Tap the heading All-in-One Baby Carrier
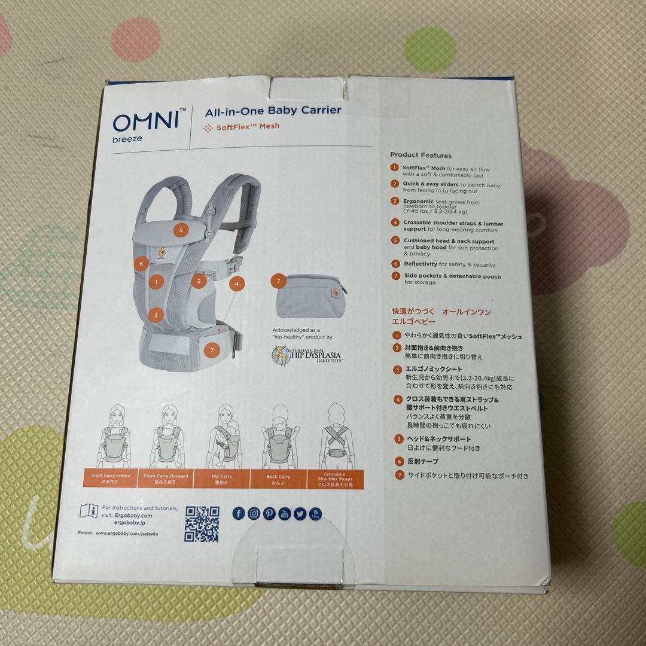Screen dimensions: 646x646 click(273, 110)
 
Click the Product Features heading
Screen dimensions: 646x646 click(420, 155)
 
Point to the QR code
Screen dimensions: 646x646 click(202, 523)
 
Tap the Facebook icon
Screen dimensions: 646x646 click(239, 513)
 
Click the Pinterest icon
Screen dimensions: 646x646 click(269, 513)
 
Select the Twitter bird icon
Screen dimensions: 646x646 click(300, 513)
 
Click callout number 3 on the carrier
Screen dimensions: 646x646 click(156, 315)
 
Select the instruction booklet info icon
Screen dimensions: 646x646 click(89, 511)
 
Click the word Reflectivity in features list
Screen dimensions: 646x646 click(420, 264)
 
